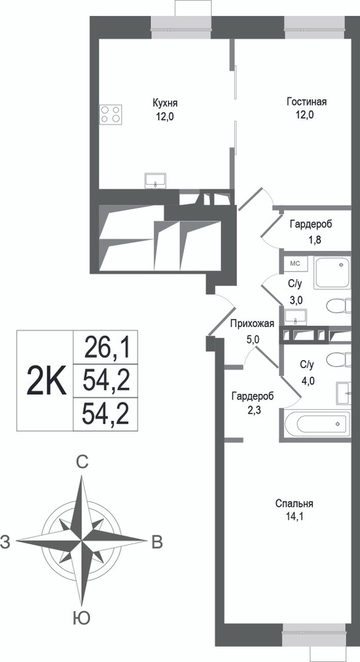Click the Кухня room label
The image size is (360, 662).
click(165, 103)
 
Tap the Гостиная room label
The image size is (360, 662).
click(306, 102)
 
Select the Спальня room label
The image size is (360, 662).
click(294, 503)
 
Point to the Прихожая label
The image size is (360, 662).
click(252, 324)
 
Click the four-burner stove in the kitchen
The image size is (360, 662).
click(111, 114)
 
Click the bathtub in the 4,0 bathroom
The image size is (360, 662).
click(318, 424)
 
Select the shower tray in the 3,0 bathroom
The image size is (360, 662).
click(333, 273)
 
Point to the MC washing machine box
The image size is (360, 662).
click(296, 264)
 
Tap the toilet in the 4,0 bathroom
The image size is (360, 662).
click(339, 359)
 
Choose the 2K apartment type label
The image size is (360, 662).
click(46, 380)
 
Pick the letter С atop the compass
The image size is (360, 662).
click(82, 462)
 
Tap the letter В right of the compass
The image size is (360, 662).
click(157, 542)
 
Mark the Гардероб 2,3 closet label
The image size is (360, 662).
click(252, 402)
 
